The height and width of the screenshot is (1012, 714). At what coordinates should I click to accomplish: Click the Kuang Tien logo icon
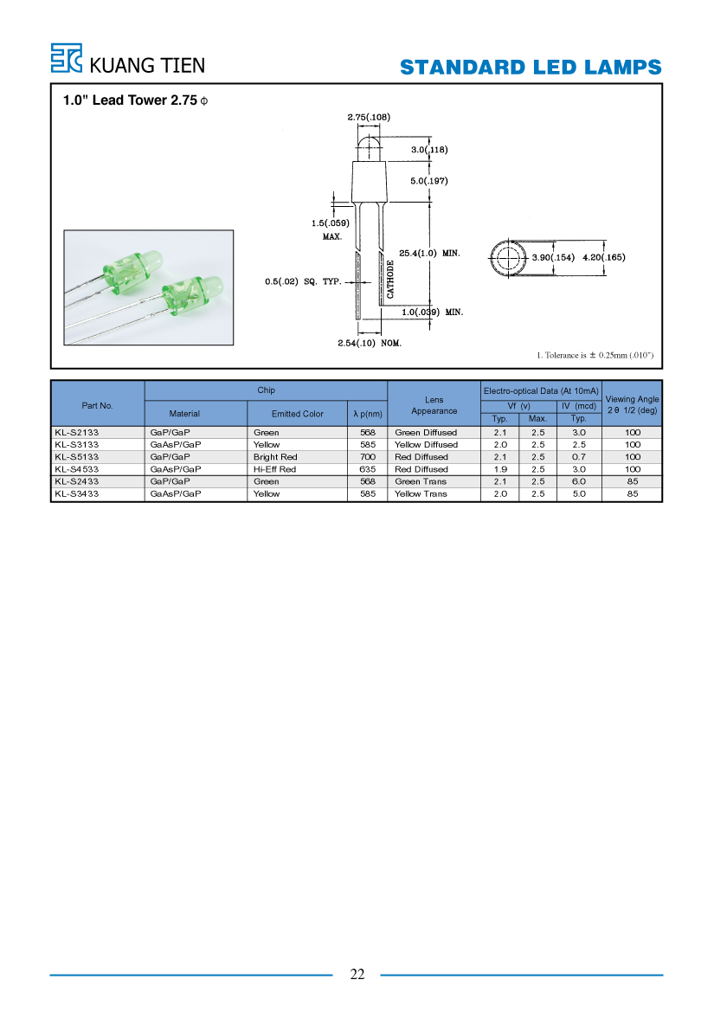pyautogui.click(x=67, y=58)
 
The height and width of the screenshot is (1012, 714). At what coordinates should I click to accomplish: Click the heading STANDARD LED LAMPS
pyautogui.click(x=531, y=68)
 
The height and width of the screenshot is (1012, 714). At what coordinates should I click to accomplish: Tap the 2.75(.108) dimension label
pyautogui.click(x=369, y=117)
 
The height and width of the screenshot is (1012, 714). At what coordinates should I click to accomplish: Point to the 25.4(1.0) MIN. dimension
pyautogui.click(x=429, y=253)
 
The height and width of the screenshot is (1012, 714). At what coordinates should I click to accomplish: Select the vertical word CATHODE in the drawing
pyautogui.click(x=390, y=280)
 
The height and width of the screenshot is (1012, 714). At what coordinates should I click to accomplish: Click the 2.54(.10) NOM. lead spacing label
pyautogui.click(x=370, y=343)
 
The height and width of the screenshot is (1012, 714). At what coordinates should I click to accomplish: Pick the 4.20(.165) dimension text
pyautogui.click(x=604, y=257)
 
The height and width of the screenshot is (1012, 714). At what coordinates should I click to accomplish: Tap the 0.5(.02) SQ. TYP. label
pyautogui.click(x=303, y=281)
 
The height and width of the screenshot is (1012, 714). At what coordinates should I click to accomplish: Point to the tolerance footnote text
pyautogui.click(x=595, y=355)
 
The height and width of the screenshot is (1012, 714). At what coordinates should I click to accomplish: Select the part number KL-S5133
pyautogui.click(x=77, y=457)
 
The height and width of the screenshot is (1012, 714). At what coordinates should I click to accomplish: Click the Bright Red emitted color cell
pyautogui.click(x=275, y=457)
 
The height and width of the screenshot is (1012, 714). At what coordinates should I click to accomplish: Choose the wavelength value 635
pyautogui.click(x=368, y=469)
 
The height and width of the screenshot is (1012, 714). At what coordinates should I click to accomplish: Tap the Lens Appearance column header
pyautogui.click(x=434, y=405)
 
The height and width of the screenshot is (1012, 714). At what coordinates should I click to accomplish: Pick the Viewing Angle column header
pyautogui.click(x=632, y=404)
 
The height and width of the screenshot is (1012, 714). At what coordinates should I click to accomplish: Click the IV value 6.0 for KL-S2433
pyautogui.click(x=579, y=481)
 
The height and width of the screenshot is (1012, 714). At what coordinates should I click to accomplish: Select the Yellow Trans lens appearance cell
pyautogui.click(x=421, y=493)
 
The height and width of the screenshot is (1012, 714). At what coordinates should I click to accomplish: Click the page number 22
pyautogui.click(x=357, y=974)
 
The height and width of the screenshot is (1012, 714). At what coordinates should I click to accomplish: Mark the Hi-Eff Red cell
pyautogui.click(x=274, y=469)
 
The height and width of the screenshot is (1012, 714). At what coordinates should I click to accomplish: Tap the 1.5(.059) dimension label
pyautogui.click(x=331, y=222)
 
